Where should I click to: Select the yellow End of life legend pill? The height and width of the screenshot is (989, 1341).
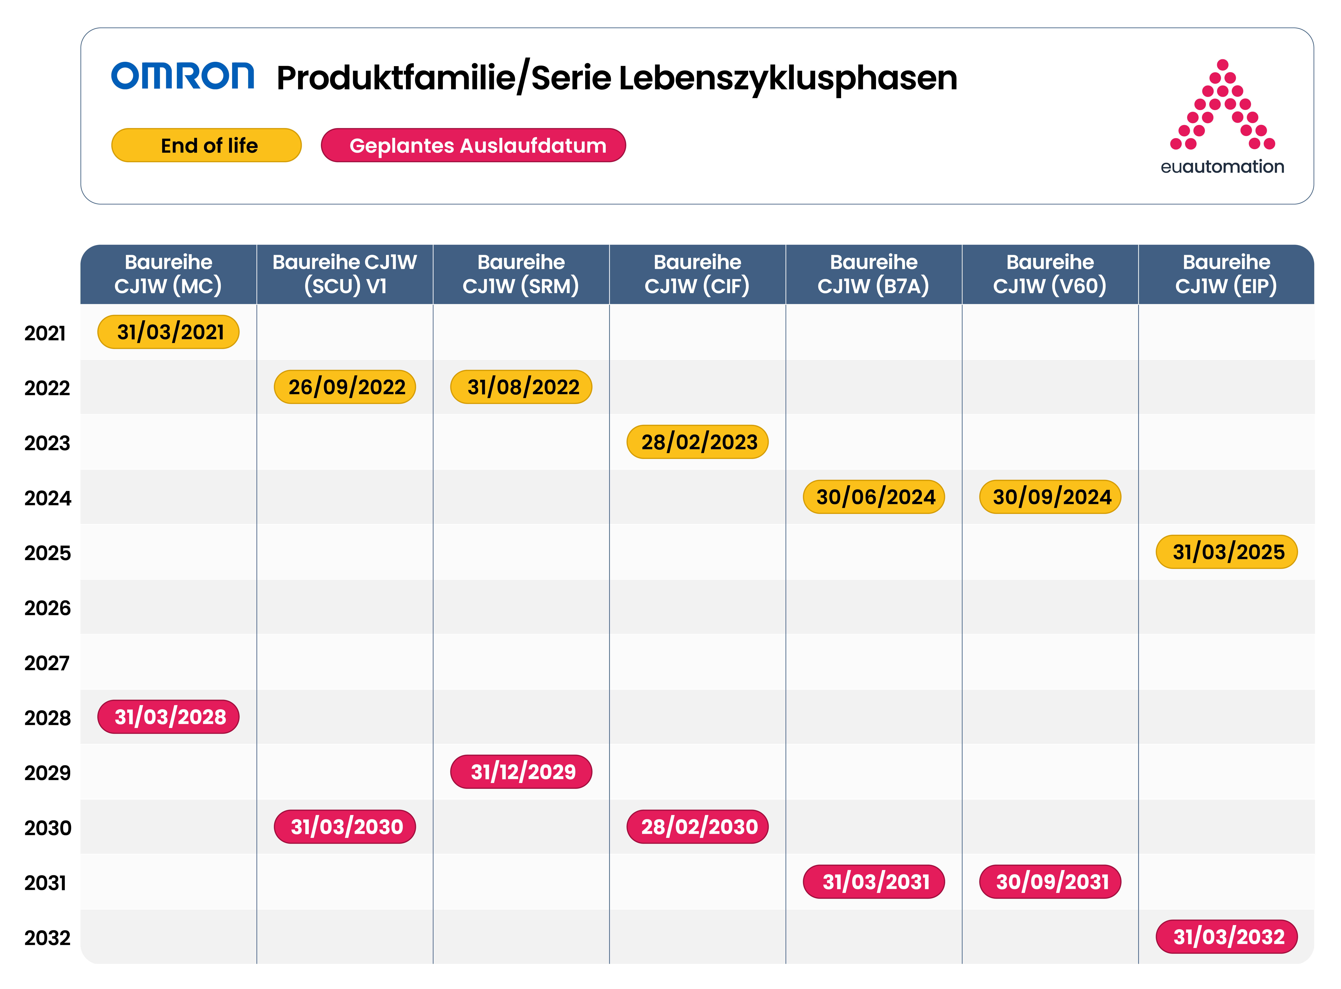pos(206,145)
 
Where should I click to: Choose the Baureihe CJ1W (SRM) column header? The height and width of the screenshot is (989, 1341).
pos(521,274)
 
